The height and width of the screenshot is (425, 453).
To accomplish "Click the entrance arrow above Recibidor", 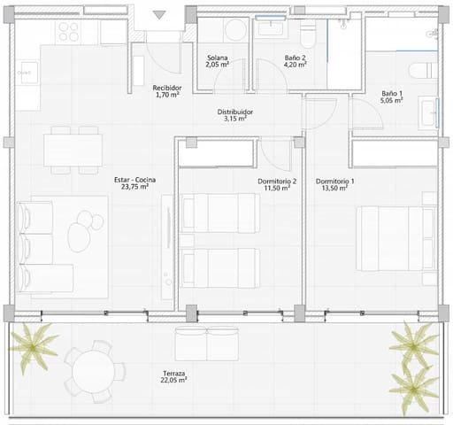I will (159, 14).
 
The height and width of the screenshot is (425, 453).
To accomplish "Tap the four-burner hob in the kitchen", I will (69, 32).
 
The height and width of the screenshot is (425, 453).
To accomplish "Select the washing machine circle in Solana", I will (235, 31).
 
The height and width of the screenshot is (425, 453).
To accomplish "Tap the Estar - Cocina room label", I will (131, 182).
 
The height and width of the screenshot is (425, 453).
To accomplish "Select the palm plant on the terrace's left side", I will (39, 345).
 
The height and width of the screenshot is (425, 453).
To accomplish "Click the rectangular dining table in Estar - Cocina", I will (73, 147).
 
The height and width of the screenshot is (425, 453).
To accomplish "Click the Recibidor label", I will (167, 88).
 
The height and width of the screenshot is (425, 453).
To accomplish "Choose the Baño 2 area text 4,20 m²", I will (295, 66).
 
